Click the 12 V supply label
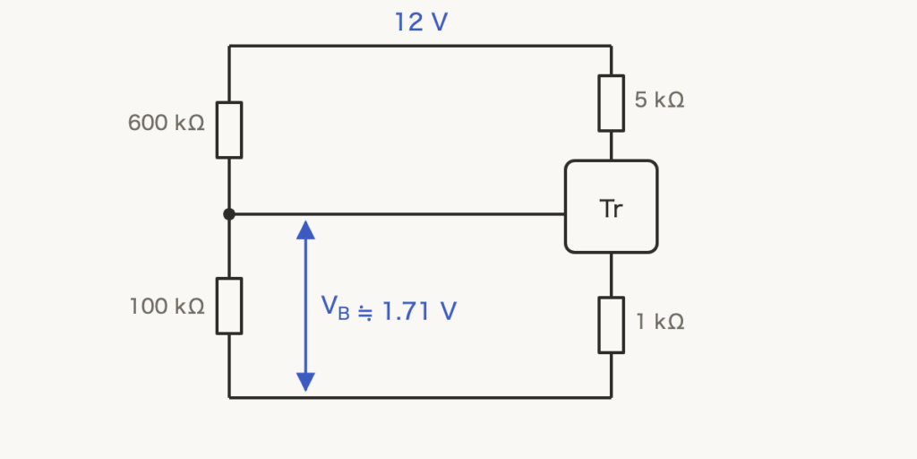[421, 22]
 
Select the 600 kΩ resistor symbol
[229, 130]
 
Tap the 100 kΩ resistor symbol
[229, 306]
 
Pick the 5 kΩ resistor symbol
[611, 103]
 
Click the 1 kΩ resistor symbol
[611, 325]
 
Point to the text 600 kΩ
[166, 123]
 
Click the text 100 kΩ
[167, 307]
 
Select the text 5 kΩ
[659, 100]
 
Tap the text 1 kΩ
[660, 322]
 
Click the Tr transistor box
[611, 207]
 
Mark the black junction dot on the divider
[229, 214]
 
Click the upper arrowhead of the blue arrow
[306, 229]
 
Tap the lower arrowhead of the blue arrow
[306, 382]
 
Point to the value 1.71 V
[419, 311]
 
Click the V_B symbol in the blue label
[335, 308]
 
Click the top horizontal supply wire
[420, 46]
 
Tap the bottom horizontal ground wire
[420, 397]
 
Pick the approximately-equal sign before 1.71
[365, 314]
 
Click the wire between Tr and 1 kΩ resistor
[611, 275]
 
